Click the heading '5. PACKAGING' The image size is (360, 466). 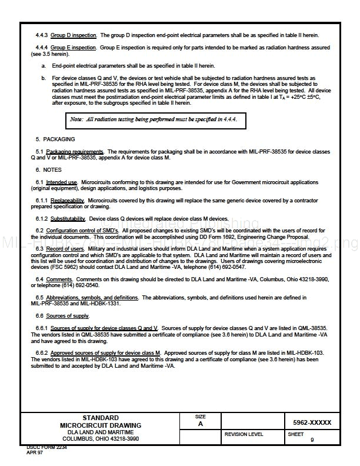(x=55, y=139)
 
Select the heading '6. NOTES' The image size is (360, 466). (x=48, y=170)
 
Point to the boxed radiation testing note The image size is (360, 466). (x=155, y=119)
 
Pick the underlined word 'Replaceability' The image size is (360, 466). (x=68, y=201)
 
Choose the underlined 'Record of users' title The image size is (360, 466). (x=65, y=249)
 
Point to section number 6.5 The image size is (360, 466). (x=39, y=298)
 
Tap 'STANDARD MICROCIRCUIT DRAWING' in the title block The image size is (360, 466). (x=100, y=421)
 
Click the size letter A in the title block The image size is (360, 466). (x=201, y=424)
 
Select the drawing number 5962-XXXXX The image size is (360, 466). (x=312, y=422)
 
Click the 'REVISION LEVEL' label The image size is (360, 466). (x=244, y=434)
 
